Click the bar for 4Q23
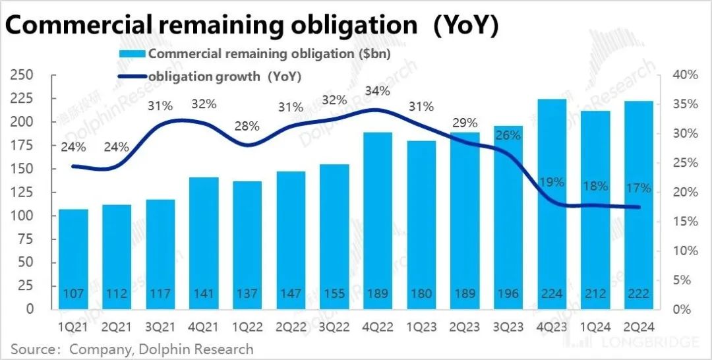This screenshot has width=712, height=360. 552,204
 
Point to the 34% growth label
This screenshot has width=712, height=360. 378,90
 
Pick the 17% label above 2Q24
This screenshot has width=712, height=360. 639,188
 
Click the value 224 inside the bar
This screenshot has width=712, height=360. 552,293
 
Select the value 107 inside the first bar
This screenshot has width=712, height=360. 73,293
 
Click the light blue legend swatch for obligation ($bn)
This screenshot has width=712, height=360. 133,54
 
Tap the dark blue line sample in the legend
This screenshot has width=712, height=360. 133,76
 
